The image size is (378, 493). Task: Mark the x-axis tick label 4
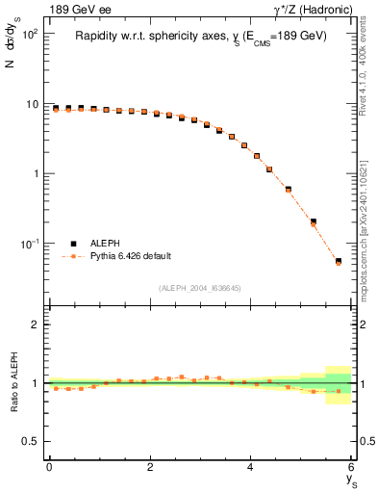click(x=251, y=467)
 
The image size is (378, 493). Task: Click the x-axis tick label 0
click(x=49, y=467)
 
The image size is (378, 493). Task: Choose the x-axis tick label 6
click(x=352, y=467)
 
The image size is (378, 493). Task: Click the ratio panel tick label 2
click(x=36, y=324)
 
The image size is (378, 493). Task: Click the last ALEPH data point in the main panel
click(x=338, y=261)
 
